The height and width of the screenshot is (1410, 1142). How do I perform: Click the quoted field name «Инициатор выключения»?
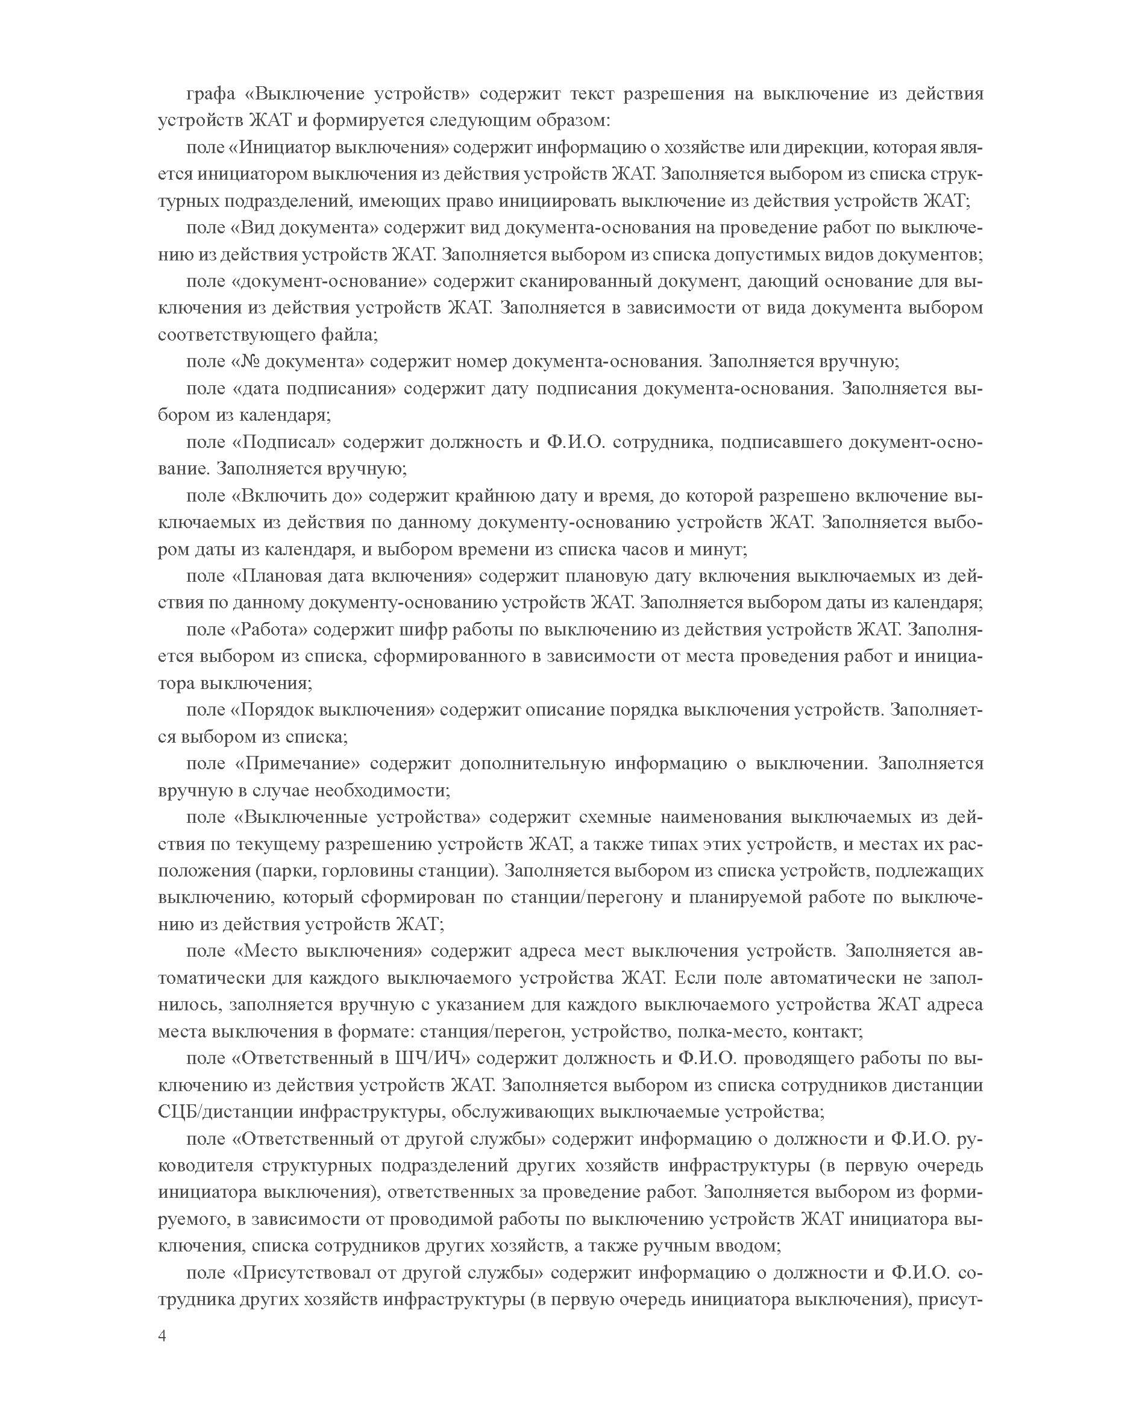pos(337,146)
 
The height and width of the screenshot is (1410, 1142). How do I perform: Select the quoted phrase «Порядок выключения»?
pos(331,710)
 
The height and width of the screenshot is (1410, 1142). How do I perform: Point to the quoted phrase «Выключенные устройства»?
pos(356,817)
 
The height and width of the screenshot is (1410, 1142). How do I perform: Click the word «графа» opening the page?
pos(210,93)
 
